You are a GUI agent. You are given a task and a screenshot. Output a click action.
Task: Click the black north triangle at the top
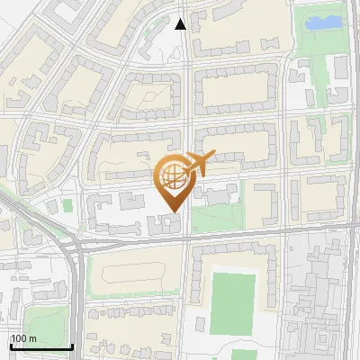point(180,24)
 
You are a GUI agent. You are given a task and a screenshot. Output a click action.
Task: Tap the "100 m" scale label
point(23,337)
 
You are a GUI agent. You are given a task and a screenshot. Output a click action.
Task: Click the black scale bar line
point(40,346)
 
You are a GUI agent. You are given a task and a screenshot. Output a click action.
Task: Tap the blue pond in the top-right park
point(324,21)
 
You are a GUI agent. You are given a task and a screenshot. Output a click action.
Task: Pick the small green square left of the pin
point(67,206)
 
